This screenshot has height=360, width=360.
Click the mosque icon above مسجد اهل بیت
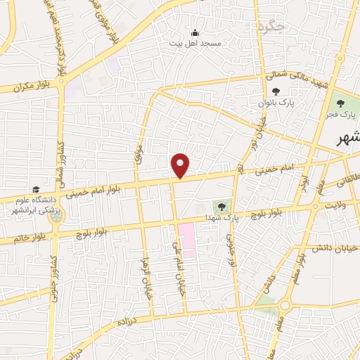tap(195, 32)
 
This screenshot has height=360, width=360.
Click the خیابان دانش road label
tap(335, 247)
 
